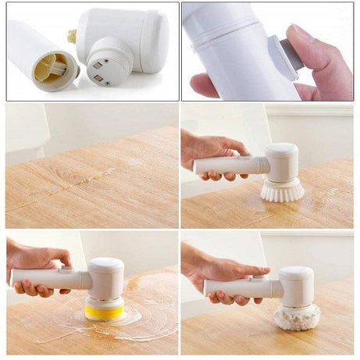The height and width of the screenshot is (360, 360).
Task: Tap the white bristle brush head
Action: (x=282, y=190)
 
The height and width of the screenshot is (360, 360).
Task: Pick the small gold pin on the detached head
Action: (x=73, y=36)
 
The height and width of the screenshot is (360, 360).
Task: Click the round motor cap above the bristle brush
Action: (x=282, y=160)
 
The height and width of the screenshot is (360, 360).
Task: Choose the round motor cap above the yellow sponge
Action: (x=106, y=276)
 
